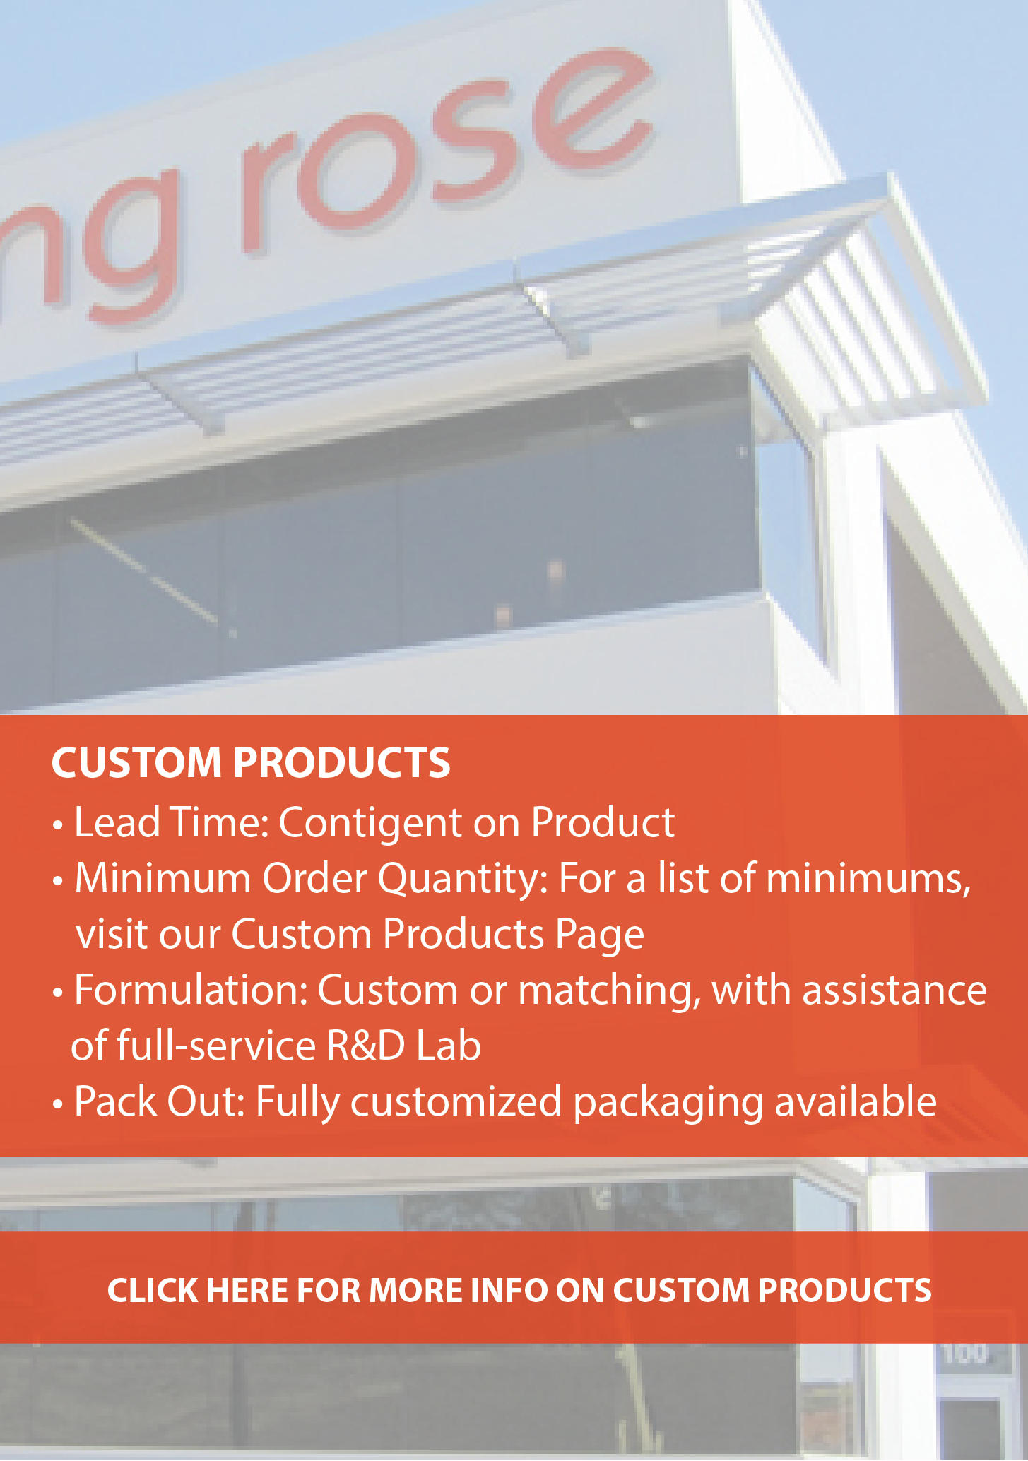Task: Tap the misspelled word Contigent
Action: click(x=370, y=823)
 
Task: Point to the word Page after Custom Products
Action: click(x=600, y=935)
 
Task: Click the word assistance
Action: click(x=894, y=990)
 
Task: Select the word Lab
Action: click(x=449, y=1046)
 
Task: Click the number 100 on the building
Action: click(x=965, y=1353)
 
